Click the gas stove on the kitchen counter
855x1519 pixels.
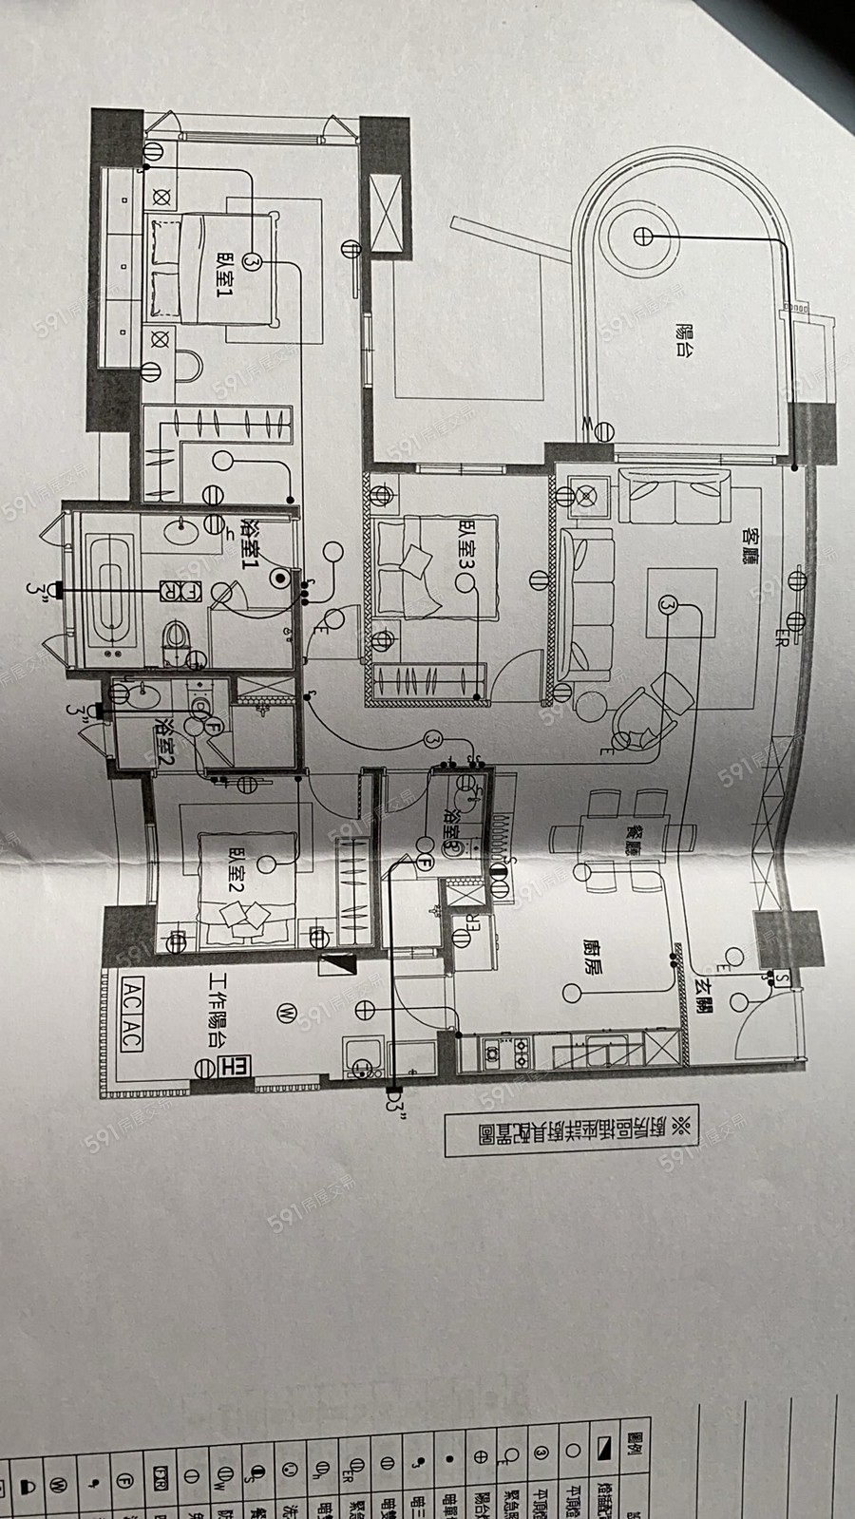[507, 1051]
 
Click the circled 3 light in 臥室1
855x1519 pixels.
[252, 259]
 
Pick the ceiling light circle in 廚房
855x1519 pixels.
[570, 994]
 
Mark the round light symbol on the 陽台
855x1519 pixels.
[642, 234]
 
